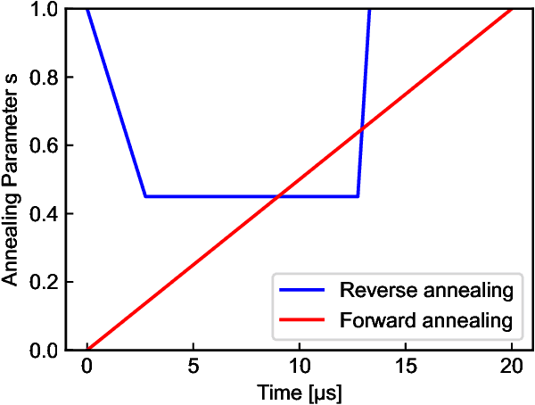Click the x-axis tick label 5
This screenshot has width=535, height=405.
[x=193, y=368]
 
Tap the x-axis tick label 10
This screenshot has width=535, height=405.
[x=299, y=368]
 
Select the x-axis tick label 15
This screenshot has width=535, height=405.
[x=405, y=368]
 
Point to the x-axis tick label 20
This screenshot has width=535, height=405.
[x=511, y=368]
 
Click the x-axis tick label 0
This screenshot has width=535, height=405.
[x=86, y=368]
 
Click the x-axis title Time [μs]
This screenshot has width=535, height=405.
[x=299, y=392]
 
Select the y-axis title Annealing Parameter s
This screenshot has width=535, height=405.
[x=12, y=178]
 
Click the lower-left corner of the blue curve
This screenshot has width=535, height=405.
[x=144, y=196]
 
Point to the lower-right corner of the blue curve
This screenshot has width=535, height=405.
[x=358, y=196]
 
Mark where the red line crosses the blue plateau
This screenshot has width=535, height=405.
[x=277, y=196]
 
